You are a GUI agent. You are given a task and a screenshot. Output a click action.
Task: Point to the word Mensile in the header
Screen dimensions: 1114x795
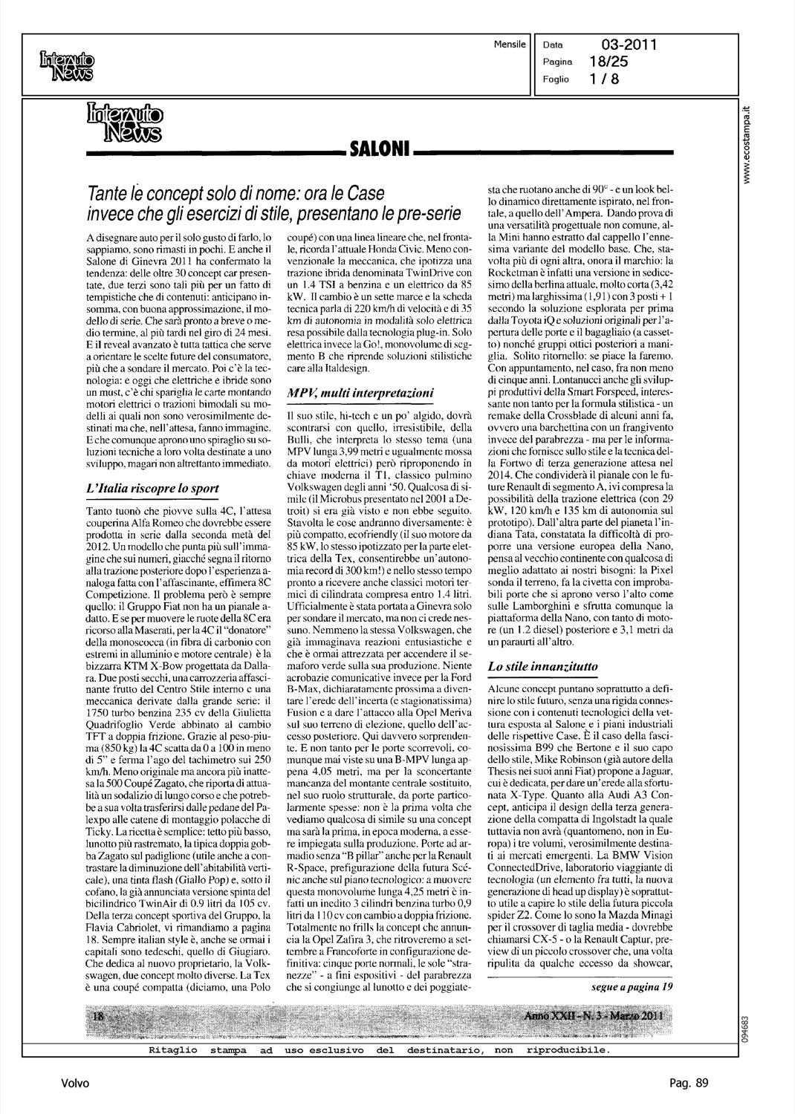[x=510, y=45]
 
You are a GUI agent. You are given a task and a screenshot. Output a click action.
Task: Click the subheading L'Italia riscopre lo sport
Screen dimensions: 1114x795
[x=153, y=488]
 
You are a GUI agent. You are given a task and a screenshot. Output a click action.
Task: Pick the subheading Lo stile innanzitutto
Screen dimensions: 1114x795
[x=542, y=667]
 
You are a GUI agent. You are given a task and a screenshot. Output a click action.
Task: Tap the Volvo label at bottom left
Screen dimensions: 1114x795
[x=76, y=1084]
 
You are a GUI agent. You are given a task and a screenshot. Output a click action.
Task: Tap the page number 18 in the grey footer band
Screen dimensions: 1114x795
[x=96, y=1016]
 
